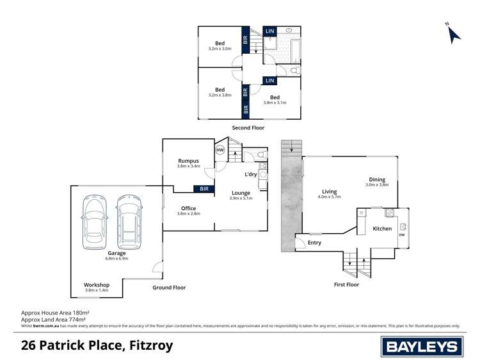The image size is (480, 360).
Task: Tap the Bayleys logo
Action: click(422, 347)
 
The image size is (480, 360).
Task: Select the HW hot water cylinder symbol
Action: click(220, 151)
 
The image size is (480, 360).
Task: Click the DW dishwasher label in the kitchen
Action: click(402, 235)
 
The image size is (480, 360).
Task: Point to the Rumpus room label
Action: click(188, 161)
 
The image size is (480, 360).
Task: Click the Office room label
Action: click(188, 208)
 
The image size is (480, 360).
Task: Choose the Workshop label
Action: click(97, 284)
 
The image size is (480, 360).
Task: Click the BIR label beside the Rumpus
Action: click(204, 189)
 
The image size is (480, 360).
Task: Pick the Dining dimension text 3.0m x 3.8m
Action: click(377, 185)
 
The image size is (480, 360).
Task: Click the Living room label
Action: click(330, 191)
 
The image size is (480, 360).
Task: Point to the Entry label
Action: click(314, 243)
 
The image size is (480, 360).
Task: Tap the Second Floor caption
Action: click(248, 128)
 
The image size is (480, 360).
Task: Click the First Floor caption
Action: click(346, 284)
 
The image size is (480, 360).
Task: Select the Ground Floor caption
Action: click(169, 288)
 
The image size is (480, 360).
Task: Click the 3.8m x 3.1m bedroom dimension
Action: click(275, 102)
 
